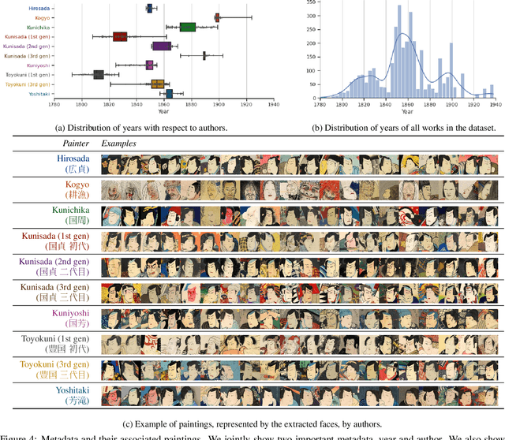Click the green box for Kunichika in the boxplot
pyautogui.click(x=187, y=27)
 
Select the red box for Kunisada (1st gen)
pyautogui.click(x=120, y=36)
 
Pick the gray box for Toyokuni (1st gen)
pyautogui.click(x=99, y=74)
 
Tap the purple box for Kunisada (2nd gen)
pyautogui.click(x=162, y=46)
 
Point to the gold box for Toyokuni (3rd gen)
pyautogui.click(x=158, y=84)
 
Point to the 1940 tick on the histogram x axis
pyautogui.click(x=494, y=103)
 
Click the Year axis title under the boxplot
pyautogui.click(x=163, y=111)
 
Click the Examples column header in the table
pyautogui.click(x=118, y=144)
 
